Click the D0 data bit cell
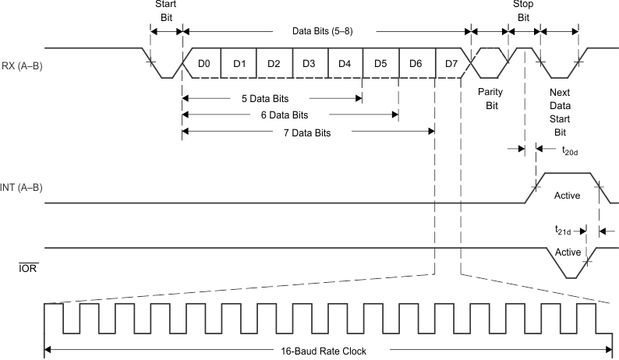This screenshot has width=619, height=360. coord(203,62)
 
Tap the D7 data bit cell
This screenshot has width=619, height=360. coord(451,62)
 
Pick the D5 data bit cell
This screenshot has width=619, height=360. coord(380,62)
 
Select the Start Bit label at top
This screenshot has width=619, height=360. coord(167,11)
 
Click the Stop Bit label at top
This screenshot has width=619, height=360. coord(523,11)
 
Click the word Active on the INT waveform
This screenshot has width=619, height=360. coord(567,195)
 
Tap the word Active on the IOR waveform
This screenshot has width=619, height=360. coord(568,252)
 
